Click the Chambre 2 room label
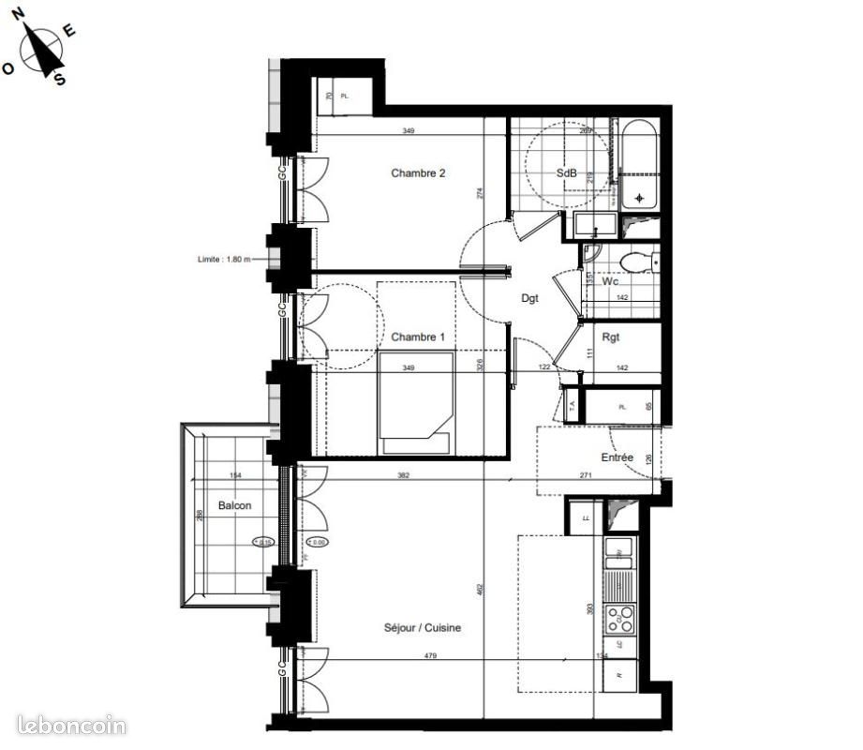(417, 172)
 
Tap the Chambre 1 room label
(417, 337)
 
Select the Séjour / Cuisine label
(422, 628)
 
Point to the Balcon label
(234, 505)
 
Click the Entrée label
(617, 457)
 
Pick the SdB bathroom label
(566, 173)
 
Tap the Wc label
(610, 280)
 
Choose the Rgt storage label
(611, 337)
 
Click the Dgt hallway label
(530, 298)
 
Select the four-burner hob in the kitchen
(619, 619)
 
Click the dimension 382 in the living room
(403, 476)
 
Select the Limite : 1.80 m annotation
(224, 260)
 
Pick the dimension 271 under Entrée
(585, 476)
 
